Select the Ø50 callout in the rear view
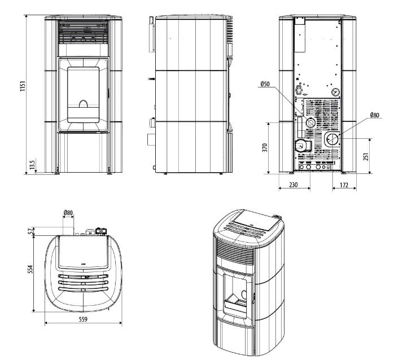click(x=265, y=84)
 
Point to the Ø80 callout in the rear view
click(x=375, y=115)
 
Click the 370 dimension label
click(x=265, y=147)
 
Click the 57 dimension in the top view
click(x=32, y=230)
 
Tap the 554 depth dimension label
click(x=32, y=270)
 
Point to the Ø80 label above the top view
click(x=68, y=213)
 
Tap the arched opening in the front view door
click(x=83, y=104)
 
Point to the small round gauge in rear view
click(x=336, y=90)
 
